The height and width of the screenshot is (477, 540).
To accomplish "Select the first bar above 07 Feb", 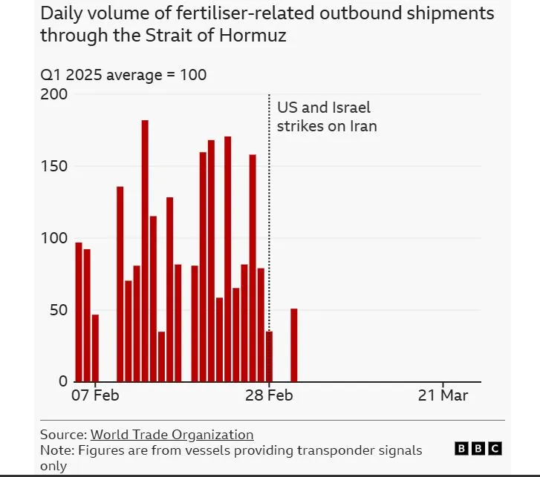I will [79, 312].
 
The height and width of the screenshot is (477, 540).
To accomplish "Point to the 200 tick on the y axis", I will [54, 94].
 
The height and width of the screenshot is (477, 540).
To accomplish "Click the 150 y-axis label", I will [54, 166].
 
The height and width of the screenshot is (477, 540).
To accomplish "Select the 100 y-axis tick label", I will [54, 238].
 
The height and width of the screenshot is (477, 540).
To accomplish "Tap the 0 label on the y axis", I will [63, 381].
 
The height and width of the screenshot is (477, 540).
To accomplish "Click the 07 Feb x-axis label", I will [96, 395].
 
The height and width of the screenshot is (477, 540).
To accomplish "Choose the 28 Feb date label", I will [269, 395].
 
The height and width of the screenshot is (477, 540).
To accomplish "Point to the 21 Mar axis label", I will [443, 395].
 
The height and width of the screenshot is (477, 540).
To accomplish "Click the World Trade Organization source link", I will [172, 435].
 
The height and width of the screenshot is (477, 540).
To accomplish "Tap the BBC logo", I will [478, 448].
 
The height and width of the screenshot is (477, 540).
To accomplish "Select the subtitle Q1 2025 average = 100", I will [123, 75].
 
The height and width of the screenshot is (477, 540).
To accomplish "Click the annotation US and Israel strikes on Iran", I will [326, 117].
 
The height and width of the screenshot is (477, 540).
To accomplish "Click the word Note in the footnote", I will [55, 450].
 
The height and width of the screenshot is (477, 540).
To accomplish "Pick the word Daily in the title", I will [60, 14].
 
